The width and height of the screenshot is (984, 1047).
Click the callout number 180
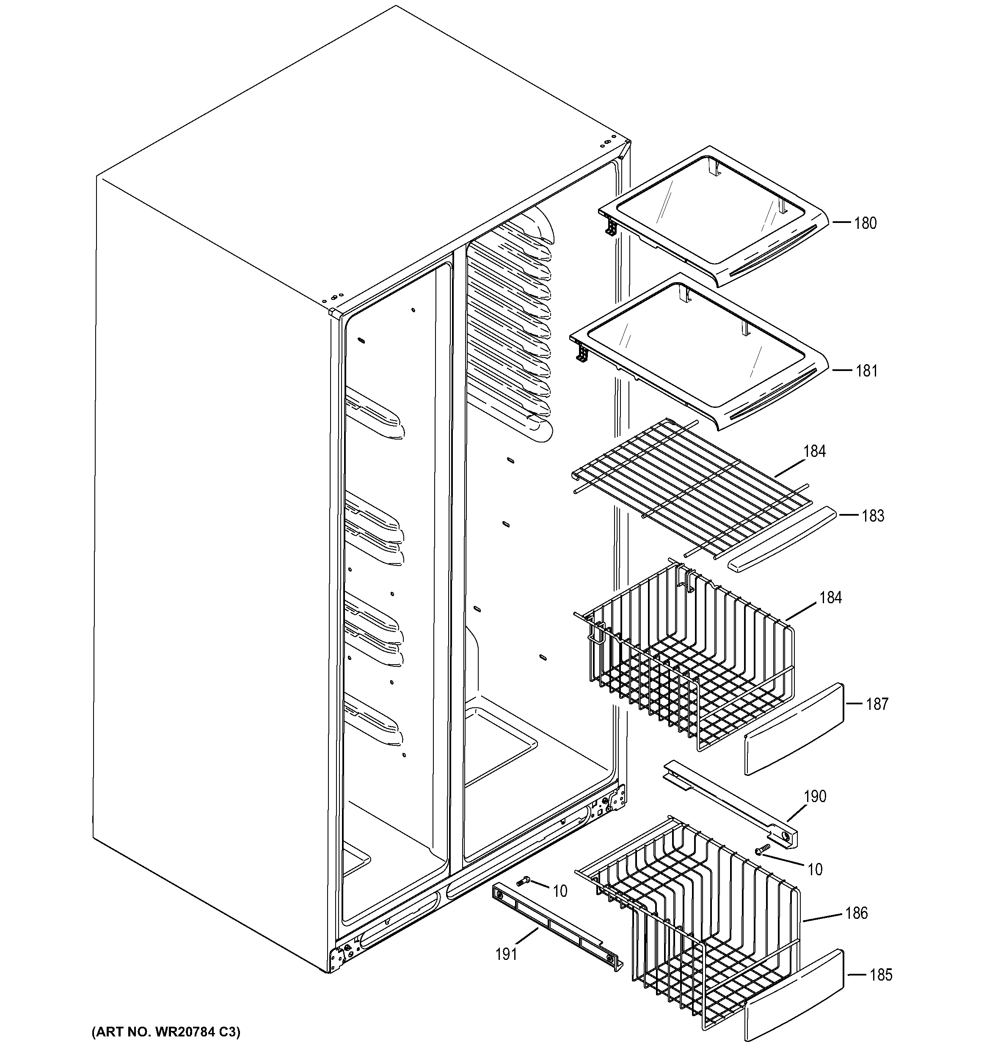point(865,223)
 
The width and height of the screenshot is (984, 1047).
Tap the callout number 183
point(872,516)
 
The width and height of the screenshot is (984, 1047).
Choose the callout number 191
point(506,954)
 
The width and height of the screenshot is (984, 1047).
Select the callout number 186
point(856,913)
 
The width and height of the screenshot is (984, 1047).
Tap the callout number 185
point(881,975)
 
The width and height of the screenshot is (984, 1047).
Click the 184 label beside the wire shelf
point(814,451)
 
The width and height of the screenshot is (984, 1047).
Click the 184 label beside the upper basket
point(830,597)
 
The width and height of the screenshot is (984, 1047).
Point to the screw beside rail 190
point(762,849)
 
